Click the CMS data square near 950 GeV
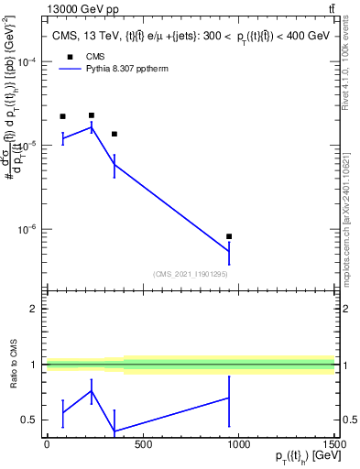tap(229, 236)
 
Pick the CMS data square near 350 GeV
tap(114, 134)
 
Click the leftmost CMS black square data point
tap(62, 116)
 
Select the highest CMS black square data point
tap(92, 115)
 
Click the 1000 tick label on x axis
tap(238, 445)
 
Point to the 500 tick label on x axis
tap(143, 445)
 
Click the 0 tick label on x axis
tap(47, 445)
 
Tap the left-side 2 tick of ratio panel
tap(32, 309)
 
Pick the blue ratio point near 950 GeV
tap(229, 398)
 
